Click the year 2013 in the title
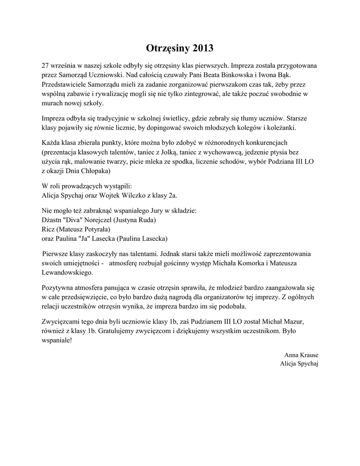pos(203,48)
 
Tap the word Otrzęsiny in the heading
pos(168,48)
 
